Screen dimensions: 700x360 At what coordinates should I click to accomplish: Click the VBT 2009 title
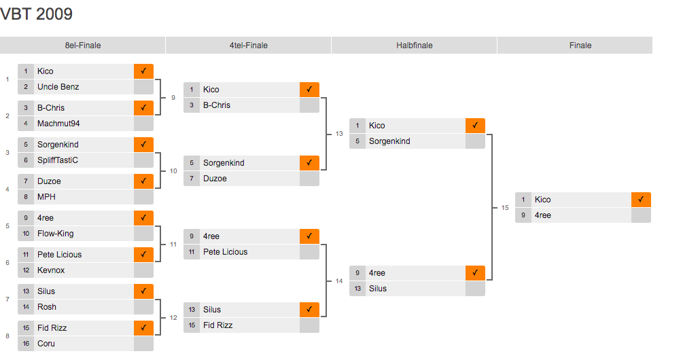[x=37, y=14]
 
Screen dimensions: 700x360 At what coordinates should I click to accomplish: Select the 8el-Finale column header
[x=83, y=46]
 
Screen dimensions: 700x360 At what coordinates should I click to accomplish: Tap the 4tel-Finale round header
[x=249, y=46]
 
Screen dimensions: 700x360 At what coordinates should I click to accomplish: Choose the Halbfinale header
[x=415, y=46]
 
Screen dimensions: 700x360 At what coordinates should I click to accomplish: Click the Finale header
[x=580, y=46]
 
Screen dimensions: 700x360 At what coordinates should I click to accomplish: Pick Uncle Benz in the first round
[x=58, y=87]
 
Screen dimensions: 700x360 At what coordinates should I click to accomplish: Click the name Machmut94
[x=58, y=124]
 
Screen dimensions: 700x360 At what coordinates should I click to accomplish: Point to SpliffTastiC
[x=58, y=160]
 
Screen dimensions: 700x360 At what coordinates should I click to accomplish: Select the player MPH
[x=47, y=197]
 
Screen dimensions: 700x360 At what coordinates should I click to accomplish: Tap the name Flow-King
[x=56, y=234]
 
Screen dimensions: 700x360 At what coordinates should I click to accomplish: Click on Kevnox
[x=51, y=270]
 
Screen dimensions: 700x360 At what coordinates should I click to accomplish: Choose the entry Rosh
[x=47, y=307]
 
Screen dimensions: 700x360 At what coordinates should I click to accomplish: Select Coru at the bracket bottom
[x=46, y=344]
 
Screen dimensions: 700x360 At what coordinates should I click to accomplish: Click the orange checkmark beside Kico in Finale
[x=641, y=200]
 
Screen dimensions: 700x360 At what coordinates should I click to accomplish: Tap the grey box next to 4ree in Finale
[x=641, y=215]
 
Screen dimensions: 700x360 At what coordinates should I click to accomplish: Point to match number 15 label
[x=505, y=208]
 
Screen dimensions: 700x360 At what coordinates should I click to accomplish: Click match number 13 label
[x=339, y=134]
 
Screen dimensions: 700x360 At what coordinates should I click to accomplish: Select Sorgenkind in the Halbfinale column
[x=389, y=141]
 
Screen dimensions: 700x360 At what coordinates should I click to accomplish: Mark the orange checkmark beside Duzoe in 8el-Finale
[x=143, y=181]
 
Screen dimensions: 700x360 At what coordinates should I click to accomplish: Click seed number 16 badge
[x=26, y=344]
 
